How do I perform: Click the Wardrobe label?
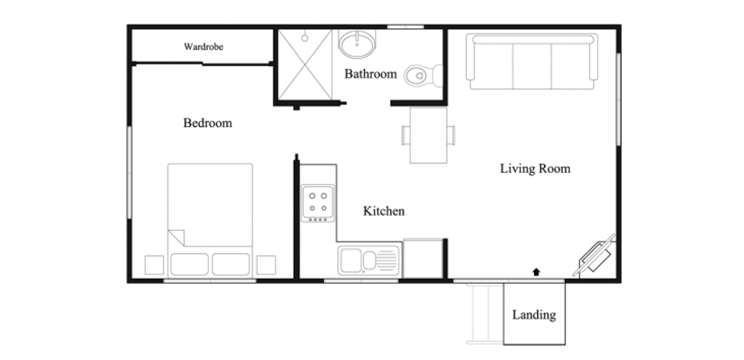[203, 46]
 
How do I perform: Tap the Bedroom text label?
[208, 123]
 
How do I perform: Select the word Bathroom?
[371, 74]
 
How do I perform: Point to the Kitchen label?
[384, 211]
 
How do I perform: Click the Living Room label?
[535, 169]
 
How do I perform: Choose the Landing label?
[534, 315]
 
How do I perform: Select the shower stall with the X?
[306, 64]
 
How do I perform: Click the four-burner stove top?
[317, 203]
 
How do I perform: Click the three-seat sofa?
[533, 62]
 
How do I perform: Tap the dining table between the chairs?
[428, 135]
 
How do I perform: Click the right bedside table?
[266, 265]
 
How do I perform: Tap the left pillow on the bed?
[189, 264]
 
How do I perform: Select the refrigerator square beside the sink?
[423, 258]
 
